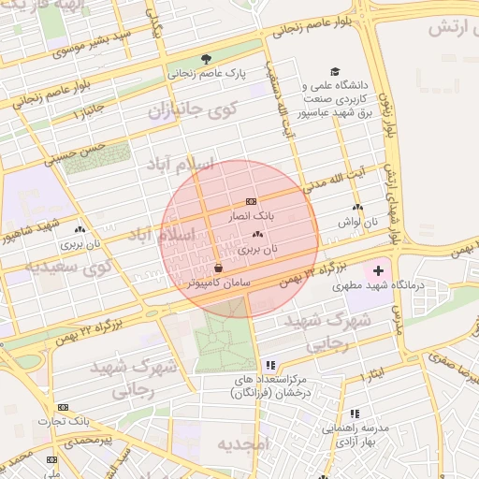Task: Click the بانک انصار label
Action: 252,216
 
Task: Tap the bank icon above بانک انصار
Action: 251,201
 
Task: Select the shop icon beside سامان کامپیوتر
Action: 218,267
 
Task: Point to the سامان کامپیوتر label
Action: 219,282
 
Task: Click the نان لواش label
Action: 356,222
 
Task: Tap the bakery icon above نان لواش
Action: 356,208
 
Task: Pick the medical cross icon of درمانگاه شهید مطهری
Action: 378,269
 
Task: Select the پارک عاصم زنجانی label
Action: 206,72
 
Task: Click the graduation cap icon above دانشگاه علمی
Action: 335,71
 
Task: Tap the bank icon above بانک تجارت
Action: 63,407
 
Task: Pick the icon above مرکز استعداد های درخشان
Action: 270,365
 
